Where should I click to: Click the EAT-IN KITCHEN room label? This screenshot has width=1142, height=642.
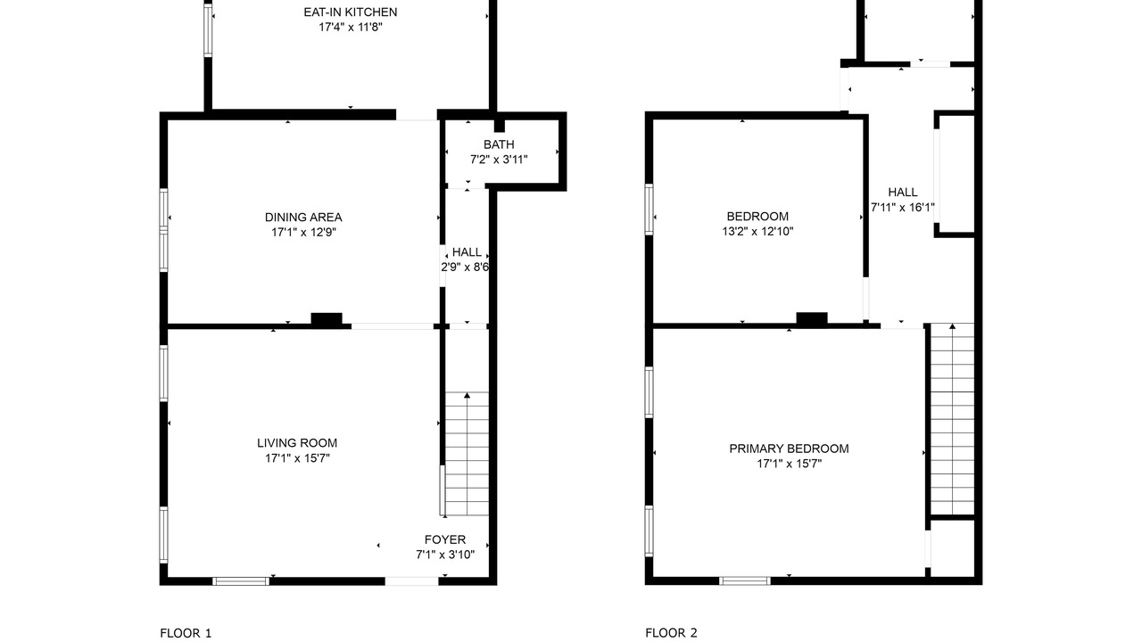[351, 12]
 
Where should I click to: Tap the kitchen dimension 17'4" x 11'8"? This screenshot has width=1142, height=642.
[351, 27]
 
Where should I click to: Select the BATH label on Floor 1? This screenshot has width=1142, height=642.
[499, 144]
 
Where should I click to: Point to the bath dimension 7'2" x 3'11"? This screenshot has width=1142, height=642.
[499, 160]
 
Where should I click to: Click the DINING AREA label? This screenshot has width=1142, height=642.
[303, 218]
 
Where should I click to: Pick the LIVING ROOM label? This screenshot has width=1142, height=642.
[297, 443]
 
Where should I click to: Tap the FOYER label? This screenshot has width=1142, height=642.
[445, 540]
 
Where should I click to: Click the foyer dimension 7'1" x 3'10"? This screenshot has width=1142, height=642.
[445, 555]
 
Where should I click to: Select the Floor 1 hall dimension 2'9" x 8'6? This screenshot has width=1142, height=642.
[465, 267]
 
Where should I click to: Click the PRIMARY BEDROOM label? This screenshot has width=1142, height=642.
[789, 449]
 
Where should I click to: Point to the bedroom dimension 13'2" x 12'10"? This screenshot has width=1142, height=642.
[757, 232]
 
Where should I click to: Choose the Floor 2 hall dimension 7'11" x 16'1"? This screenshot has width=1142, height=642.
[902, 208]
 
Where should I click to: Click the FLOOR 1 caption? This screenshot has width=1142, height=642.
[186, 633]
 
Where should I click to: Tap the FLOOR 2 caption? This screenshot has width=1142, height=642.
[671, 633]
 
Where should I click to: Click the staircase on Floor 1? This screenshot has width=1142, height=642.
[467, 454]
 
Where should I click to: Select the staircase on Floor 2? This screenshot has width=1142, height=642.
[952, 419]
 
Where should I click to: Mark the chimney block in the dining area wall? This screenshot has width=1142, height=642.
[327, 319]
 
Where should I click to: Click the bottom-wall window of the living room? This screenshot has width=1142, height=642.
[241, 581]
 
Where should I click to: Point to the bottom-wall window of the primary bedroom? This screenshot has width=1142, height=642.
[745, 580]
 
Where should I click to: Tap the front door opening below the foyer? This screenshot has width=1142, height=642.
[411, 581]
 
